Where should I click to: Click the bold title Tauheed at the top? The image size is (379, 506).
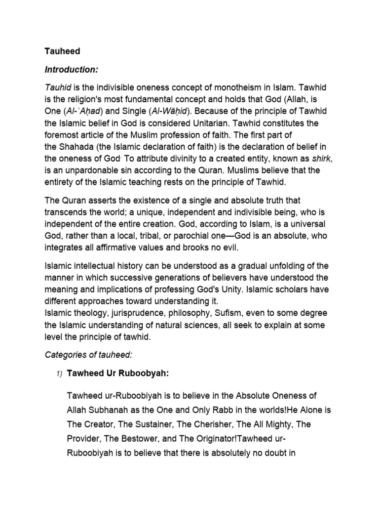[62, 51]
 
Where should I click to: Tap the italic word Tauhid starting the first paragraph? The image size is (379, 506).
[58, 87]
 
